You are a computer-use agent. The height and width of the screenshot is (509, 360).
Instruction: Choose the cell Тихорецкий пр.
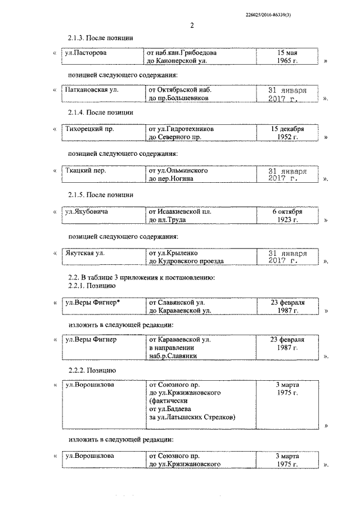(89, 129)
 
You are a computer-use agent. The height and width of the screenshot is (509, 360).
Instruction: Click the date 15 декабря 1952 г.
(287, 133)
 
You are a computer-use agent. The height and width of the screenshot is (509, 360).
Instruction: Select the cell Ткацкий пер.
(86, 170)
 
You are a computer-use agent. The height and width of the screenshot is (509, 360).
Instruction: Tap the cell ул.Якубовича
(87, 212)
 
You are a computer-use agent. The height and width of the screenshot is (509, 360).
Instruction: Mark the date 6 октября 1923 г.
(287, 216)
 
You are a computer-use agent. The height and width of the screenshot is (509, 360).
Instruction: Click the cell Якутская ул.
(85, 253)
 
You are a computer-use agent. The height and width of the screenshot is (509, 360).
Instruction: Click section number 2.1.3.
(75, 37)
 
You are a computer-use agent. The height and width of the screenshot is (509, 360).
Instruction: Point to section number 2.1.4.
(75, 112)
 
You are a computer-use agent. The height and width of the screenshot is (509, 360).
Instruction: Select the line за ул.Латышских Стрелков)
(192, 417)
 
